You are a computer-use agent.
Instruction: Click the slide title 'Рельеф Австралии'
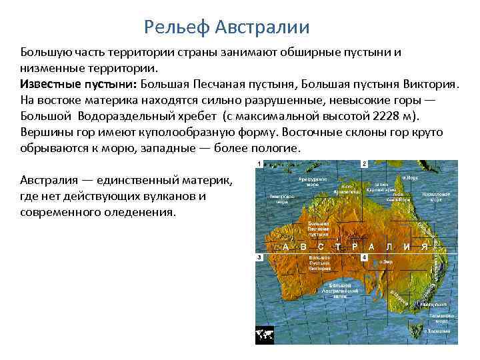[227, 27]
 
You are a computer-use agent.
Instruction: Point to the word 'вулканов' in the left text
[180, 197]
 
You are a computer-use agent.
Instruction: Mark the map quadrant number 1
[259, 164]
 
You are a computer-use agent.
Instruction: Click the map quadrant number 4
[364, 257]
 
